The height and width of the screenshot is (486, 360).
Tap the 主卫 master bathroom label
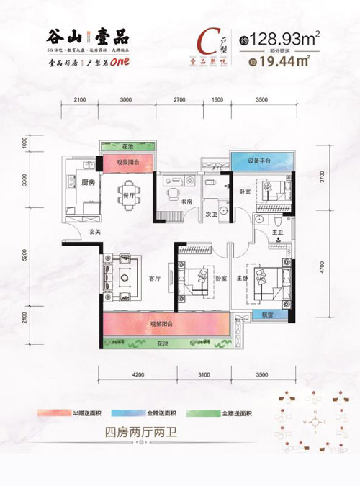278,232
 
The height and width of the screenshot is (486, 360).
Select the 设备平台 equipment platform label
258,161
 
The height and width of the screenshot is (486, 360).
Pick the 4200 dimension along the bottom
139,374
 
